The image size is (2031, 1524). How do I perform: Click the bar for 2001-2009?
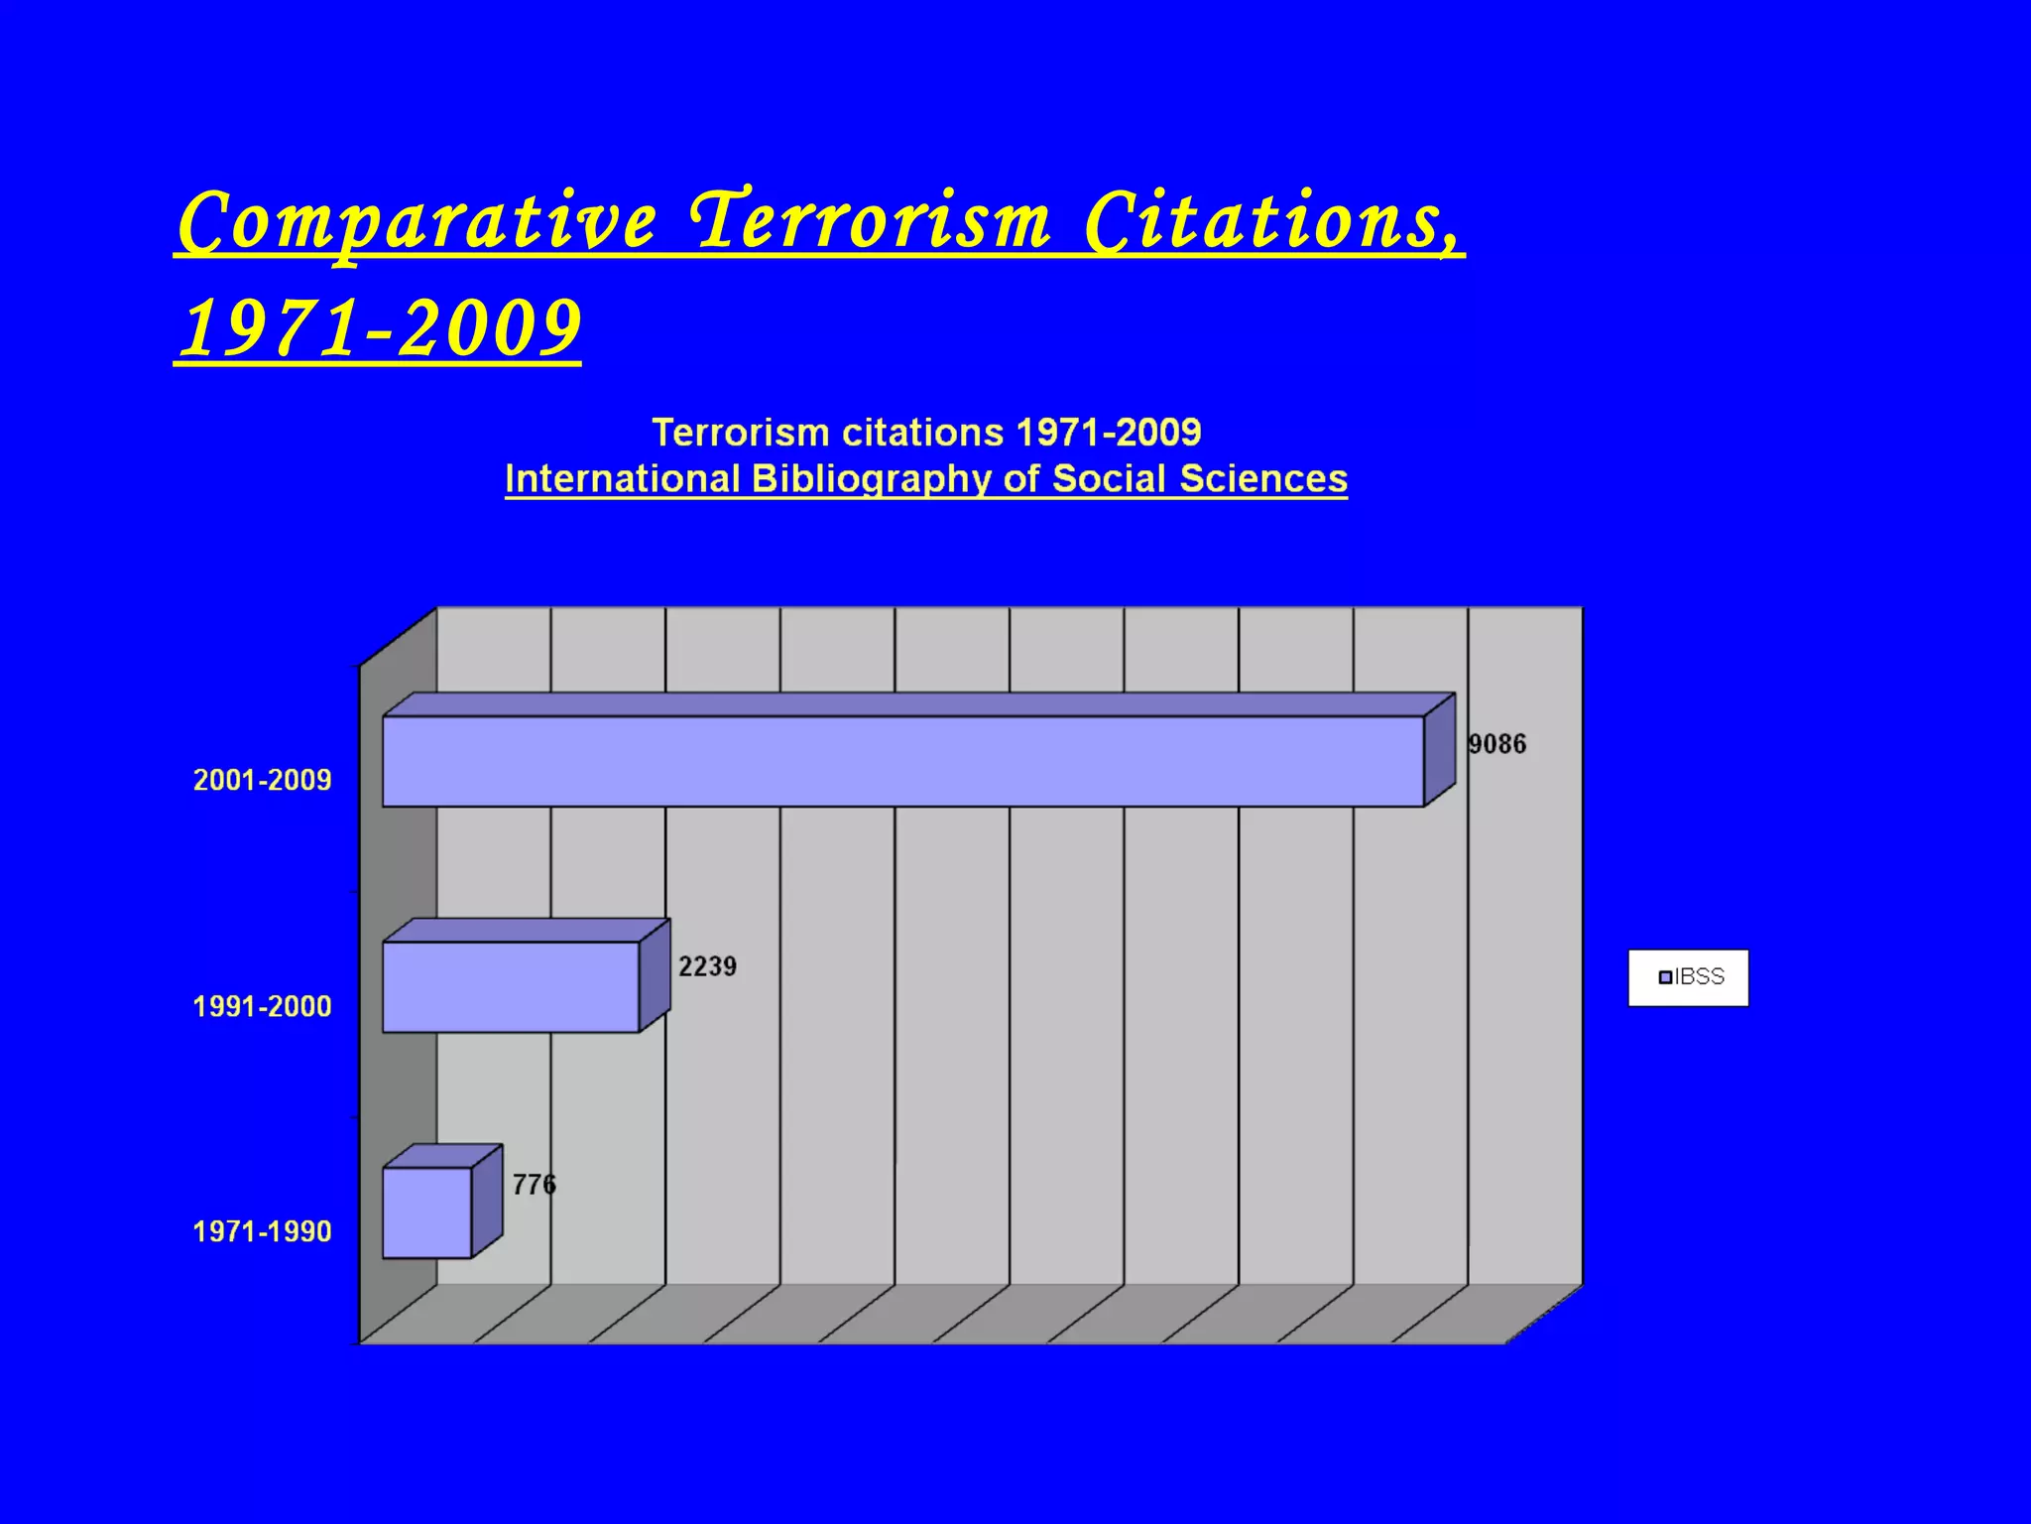902,761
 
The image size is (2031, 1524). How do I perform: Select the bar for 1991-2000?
511,986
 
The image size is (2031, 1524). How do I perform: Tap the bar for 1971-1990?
427,1211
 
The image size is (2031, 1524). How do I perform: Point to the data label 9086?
1496,744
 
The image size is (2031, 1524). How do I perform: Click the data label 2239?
707,966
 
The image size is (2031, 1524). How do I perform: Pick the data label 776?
534,1185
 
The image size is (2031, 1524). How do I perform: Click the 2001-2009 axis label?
262,780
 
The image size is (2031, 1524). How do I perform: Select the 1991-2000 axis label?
262,1006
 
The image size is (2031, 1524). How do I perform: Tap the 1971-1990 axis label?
262,1231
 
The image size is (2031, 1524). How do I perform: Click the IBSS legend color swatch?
1665,977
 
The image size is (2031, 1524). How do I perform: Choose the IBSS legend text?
1700,977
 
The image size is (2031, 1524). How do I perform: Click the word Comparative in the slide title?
418,221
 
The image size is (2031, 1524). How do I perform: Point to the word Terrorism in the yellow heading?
871,221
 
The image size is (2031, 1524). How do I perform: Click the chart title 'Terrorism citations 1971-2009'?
926,433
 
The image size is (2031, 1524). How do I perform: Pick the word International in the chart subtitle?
623,479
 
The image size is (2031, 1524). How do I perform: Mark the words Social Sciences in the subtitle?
1200,479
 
